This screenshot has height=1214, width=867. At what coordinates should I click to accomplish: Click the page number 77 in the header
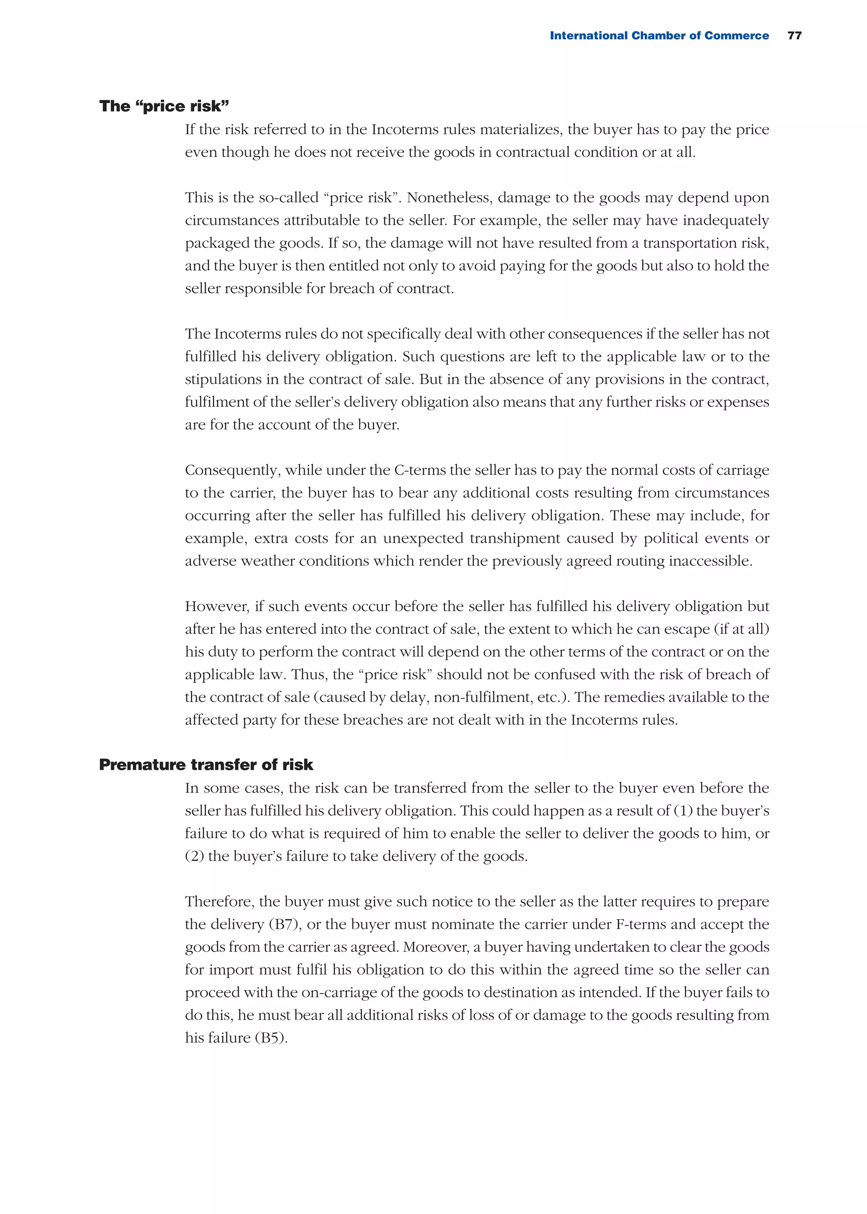click(794, 35)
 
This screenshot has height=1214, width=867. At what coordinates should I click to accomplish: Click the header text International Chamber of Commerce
click(659, 35)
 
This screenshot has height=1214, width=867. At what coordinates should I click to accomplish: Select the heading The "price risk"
click(164, 106)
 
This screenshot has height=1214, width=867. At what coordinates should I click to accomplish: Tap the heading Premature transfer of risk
click(206, 764)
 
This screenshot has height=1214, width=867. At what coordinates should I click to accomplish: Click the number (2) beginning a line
click(194, 856)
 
